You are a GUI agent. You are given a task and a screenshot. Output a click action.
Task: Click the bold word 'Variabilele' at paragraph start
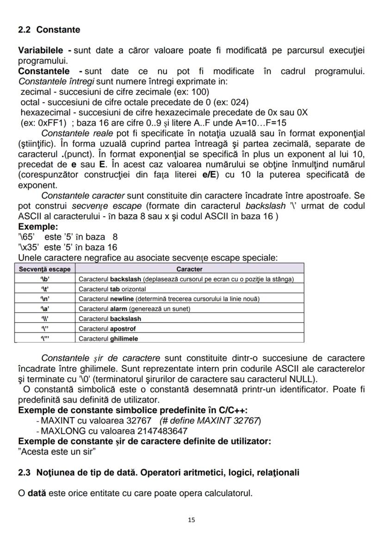point(41,50)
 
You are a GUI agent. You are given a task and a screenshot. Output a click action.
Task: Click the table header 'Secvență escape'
point(45,269)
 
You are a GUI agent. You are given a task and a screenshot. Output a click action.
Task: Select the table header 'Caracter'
point(189,269)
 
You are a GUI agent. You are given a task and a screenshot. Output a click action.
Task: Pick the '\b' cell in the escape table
point(45,279)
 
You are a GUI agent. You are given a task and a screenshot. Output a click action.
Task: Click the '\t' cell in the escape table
point(45,289)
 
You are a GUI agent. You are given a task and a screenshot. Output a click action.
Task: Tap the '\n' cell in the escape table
point(45,299)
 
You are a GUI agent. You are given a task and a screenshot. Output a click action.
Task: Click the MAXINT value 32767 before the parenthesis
point(139,421)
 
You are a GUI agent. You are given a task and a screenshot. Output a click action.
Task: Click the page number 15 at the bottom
point(191,520)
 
